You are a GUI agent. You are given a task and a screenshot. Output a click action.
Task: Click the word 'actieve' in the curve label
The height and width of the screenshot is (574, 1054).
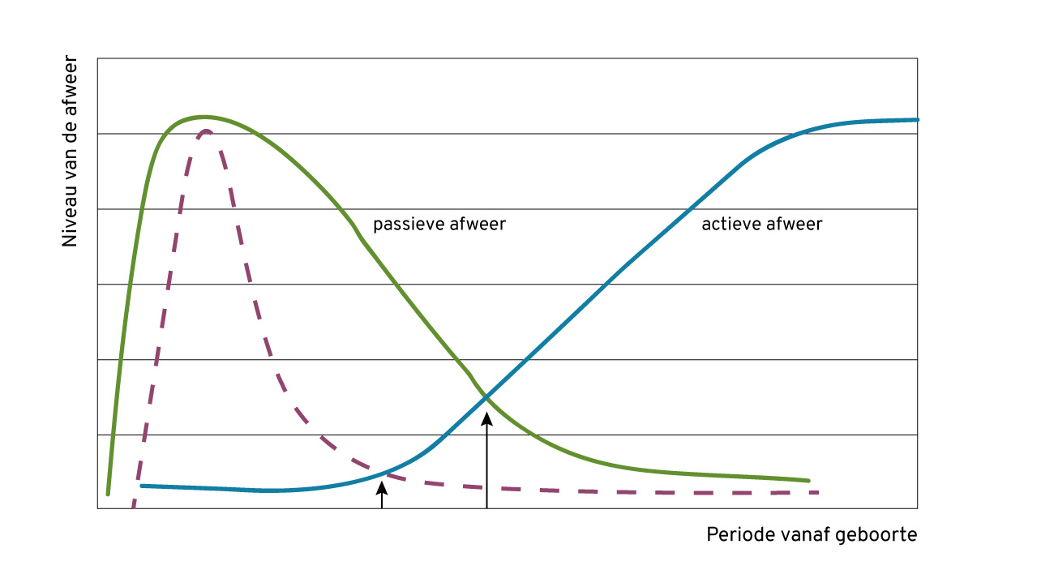[728, 225]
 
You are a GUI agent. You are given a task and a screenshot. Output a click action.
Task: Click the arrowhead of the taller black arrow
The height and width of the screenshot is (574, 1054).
[487, 418]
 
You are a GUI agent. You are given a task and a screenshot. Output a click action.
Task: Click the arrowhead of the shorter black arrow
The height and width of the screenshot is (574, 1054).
[381, 486]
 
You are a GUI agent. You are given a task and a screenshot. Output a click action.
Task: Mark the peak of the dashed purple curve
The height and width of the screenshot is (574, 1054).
[207, 131]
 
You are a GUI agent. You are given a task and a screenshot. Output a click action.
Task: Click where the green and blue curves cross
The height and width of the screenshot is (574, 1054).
[486, 397]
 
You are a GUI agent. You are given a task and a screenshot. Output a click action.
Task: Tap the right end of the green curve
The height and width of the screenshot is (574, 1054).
[808, 481]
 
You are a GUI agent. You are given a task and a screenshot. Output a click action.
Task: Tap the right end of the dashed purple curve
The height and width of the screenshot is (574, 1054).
[819, 492]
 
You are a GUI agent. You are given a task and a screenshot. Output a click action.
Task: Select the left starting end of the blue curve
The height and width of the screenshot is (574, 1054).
[142, 486]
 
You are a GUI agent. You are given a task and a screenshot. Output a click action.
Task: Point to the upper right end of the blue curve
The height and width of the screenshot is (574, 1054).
[917, 120]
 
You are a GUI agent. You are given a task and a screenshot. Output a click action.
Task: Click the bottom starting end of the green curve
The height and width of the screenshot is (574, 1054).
[108, 493]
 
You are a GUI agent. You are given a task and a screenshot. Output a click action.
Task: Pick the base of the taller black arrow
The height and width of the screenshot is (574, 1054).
[487, 508]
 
